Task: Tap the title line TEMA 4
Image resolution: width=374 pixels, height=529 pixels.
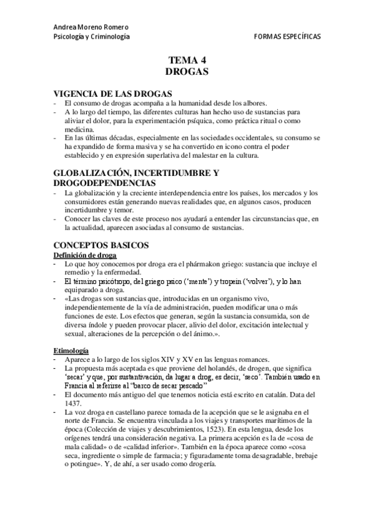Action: click(187, 60)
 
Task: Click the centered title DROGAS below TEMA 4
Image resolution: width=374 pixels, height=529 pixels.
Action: click(187, 72)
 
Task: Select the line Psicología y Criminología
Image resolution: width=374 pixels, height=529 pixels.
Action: click(92, 37)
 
